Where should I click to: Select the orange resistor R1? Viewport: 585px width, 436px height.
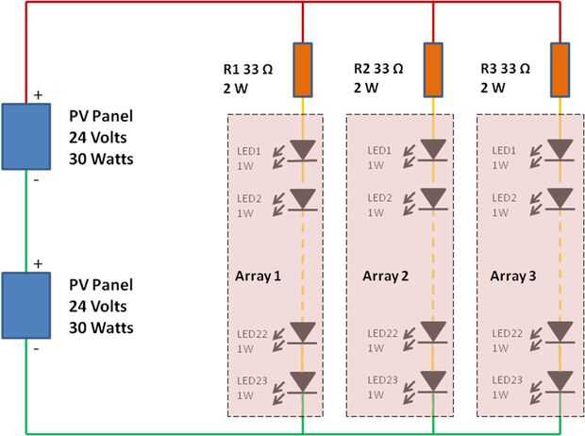[303, 70]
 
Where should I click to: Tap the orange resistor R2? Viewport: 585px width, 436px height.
[432, 70]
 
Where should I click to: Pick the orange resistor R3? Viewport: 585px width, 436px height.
[560, 70]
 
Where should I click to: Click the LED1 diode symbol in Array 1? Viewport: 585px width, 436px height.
[303, 150]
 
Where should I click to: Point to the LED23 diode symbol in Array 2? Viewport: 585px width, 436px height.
[432, 380]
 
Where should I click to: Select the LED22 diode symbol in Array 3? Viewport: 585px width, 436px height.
[560, 331]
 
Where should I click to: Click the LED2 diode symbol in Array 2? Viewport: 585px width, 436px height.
[432, 198]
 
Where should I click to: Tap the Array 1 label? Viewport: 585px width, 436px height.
[258, 276]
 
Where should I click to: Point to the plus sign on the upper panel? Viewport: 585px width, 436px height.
[39, 95]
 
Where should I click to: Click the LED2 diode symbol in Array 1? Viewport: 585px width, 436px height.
[303, 198]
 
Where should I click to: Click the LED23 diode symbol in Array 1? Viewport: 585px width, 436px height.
[303, 380]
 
